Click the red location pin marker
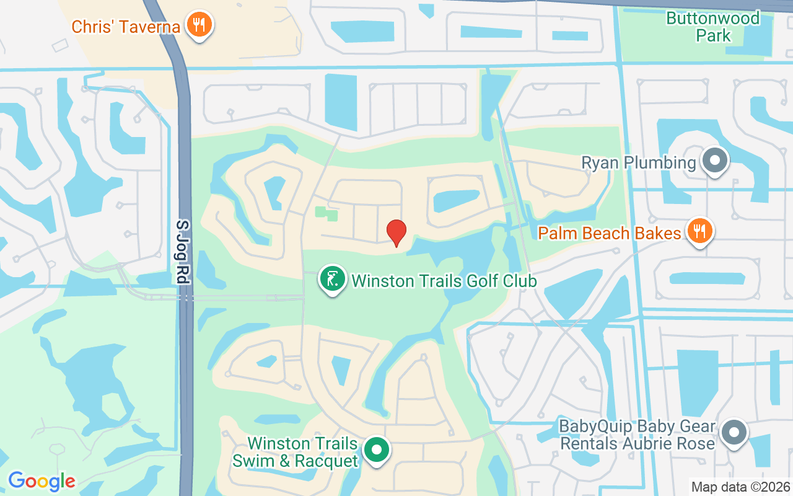point(396,232)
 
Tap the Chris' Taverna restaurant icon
point(199,25)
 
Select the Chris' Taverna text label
point(126,27)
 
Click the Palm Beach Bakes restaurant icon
point(699,232)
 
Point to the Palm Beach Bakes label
point(610,234)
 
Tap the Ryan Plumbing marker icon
point(715,161)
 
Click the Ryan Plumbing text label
point(638,163)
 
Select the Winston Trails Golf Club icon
point(332,280)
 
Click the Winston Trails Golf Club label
point(444,281)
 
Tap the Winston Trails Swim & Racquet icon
point(376,451)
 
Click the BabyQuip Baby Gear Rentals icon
point(734,433)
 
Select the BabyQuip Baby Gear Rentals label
point(637,435)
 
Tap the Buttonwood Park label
point(712,27)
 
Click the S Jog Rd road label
point(182,252)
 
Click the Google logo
point(42,481)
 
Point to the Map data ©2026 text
point(740,487)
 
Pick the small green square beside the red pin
point(327,213)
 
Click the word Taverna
point(153,27)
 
